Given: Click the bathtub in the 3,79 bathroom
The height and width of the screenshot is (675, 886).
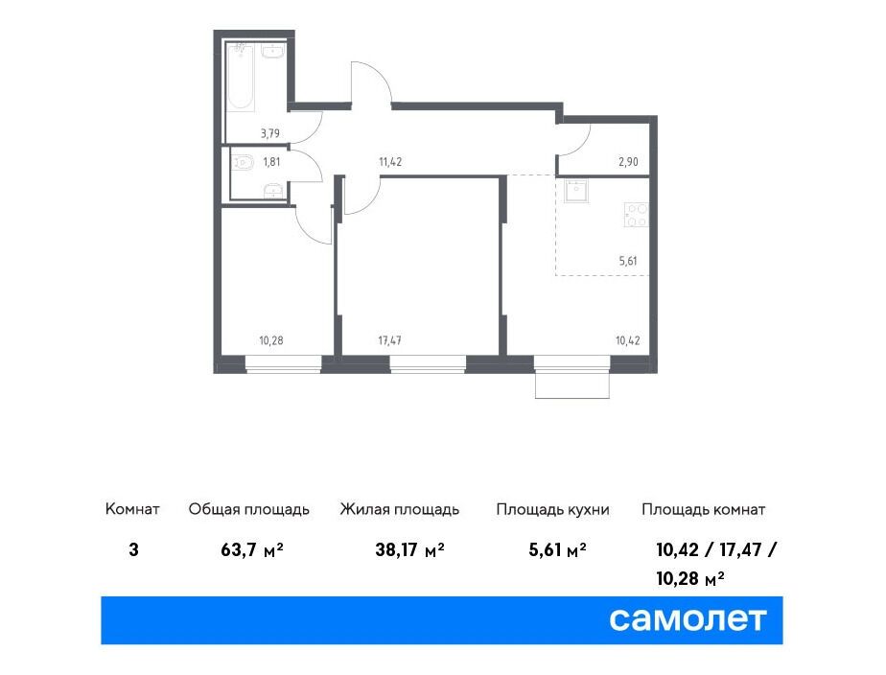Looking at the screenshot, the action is (x=242, y=77).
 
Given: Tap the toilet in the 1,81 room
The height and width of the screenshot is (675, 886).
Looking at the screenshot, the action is (x=242, y=163).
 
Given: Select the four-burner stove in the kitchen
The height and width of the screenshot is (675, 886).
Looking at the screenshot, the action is (x=637, y=215).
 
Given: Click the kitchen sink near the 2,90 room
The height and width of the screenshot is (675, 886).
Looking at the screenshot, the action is (x=576, y=191).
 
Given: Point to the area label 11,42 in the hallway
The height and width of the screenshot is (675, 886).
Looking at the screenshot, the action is (x=390, y=162).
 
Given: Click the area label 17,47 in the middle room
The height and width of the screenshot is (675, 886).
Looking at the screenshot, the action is (x=389, y=340).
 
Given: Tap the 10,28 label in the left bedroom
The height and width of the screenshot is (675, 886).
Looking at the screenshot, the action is (x=271, y=340).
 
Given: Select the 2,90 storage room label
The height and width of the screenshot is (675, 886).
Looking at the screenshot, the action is (x=628, y=162).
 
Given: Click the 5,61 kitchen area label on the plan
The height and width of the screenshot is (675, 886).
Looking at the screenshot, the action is (x=628, y=261).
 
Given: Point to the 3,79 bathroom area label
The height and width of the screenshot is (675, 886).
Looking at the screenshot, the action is (x=270, y=134).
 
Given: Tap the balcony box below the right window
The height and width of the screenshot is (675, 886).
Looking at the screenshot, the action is (x=572, y=385).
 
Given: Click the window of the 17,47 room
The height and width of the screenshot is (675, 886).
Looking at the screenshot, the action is (x=428, y=364).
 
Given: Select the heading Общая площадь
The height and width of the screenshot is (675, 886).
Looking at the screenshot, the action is (x=249, y=509).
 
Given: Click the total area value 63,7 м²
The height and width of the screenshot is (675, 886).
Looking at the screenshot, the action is (x=252, y=549).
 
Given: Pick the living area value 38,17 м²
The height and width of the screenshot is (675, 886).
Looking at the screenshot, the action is (x=409, y=549).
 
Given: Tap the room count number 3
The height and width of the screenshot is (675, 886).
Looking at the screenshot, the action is (x=133, y=549).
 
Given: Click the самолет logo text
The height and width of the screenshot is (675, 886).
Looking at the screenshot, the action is (x=688, y=619).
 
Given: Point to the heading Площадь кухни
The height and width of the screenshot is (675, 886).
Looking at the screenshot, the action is (x=552, y=509).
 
